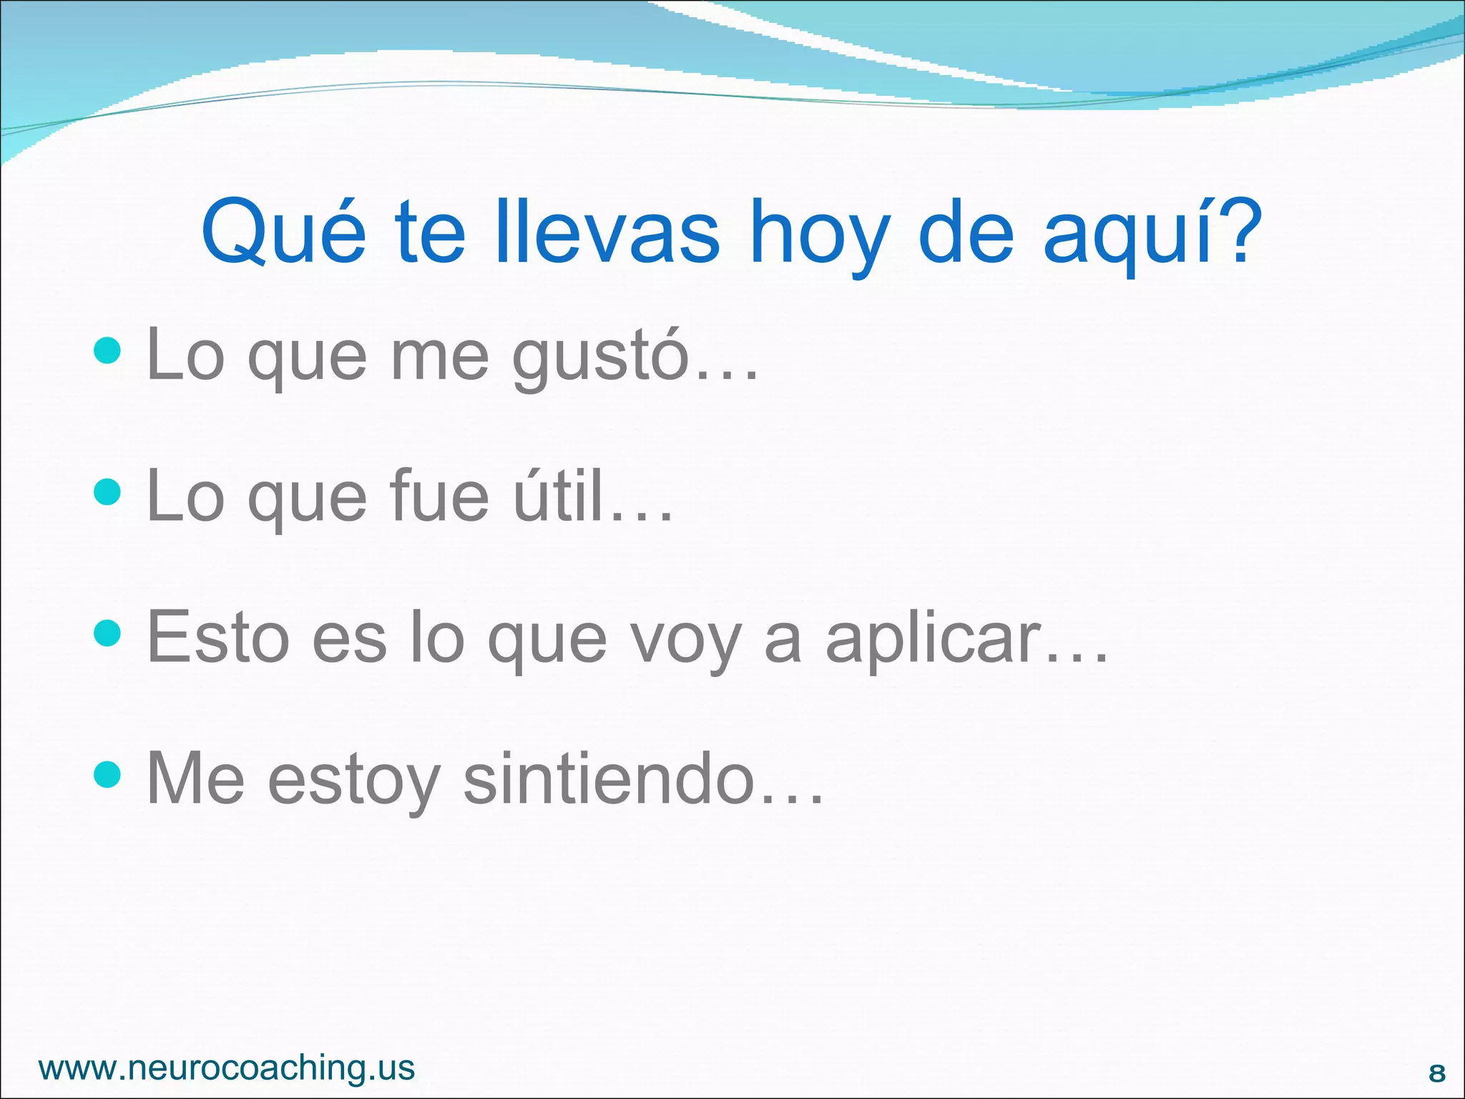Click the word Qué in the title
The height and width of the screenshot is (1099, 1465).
(284, 232)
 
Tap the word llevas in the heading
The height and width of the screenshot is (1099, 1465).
(607, 232)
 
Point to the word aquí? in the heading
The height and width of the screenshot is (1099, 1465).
(1152, 233)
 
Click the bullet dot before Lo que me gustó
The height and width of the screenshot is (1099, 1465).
(107, 351)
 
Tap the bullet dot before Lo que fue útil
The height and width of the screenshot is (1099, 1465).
(107, 492)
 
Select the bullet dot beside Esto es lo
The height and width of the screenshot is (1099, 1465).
(107, 632)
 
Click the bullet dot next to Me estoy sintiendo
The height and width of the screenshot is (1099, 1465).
(107, 773)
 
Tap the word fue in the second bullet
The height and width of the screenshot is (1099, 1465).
(440, 495)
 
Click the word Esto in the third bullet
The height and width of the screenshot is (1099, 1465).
(217, 637)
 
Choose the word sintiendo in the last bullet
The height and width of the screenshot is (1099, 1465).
(609, 778)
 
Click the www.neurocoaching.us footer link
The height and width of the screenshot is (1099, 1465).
(227, 1068)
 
